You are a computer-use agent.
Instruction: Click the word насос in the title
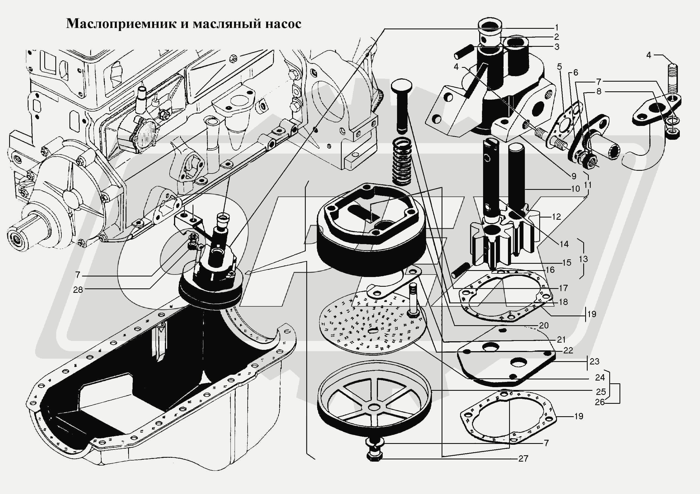(x=283, y=24)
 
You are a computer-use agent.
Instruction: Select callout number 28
(x=78, y=290)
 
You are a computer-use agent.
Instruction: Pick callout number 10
(x=575, y=189)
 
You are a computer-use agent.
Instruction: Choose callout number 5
(x=559, y=66)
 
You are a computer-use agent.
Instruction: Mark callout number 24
(x=599, y=377)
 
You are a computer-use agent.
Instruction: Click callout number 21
(x=561, y=339)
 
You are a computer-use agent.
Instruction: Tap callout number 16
(x=550, y=270)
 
